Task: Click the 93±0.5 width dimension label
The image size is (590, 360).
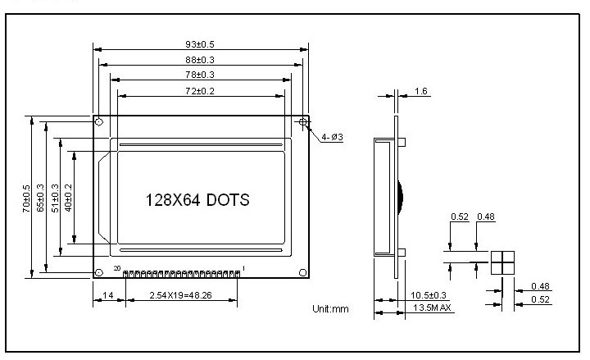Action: (200, 44)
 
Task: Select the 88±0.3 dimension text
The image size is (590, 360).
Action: (200, 60)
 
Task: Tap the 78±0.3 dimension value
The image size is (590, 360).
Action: (200, 75)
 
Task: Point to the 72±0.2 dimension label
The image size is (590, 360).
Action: (200, 91)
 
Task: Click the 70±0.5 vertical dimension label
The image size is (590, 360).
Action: (26, 198)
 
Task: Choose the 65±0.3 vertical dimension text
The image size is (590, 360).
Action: (40, 198)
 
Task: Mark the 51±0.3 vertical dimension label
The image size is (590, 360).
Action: (55, 198)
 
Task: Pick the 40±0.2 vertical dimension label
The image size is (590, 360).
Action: (68, 198)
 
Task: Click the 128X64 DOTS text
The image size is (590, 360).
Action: (197, 200)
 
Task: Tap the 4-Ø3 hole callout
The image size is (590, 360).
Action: (332, 137)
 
